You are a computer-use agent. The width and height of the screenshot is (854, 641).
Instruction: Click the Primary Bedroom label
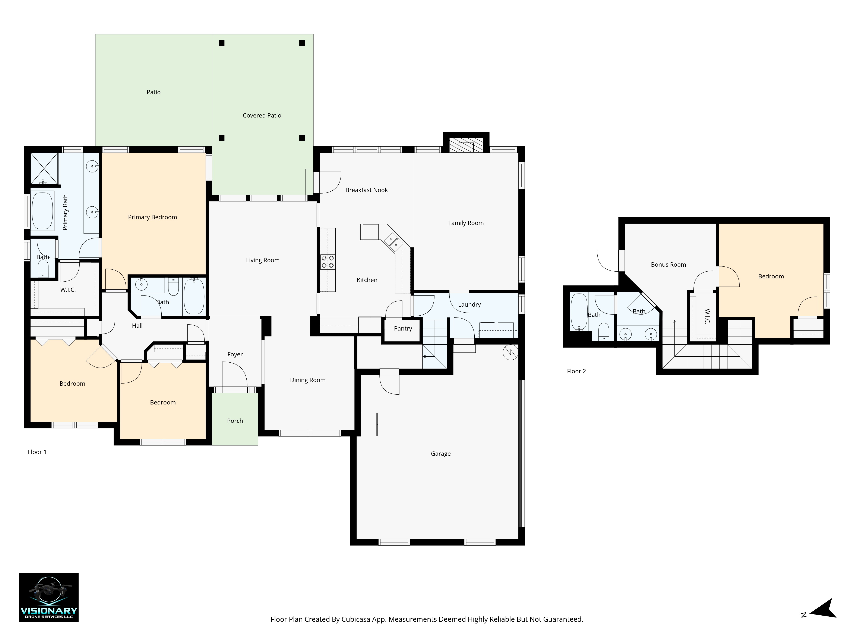pos(152,217)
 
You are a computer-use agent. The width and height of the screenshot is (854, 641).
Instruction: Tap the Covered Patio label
pos(262,115)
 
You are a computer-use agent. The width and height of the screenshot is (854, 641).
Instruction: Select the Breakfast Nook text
pos(366,190)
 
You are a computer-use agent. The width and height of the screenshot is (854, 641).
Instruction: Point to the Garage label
pos(440,454)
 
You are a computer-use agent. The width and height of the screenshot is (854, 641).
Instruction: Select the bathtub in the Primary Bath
pos(42,211)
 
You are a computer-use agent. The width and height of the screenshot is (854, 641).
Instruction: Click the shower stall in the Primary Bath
pos(44,168)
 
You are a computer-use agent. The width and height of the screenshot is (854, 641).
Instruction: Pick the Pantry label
pos(403,328)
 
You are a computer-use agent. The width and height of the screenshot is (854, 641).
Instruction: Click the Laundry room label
pos(469,304)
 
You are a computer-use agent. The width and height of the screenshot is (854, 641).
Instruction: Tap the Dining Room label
pos(308,380)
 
